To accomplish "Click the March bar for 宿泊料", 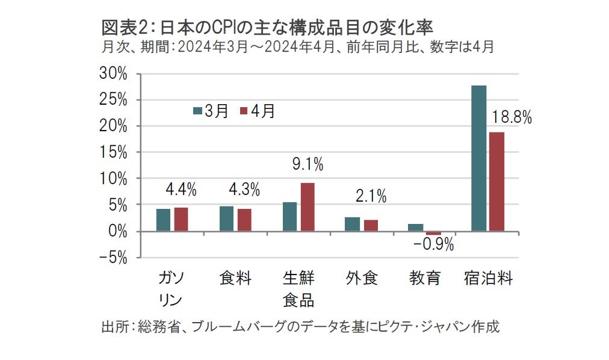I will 478,158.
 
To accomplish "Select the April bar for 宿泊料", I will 496,181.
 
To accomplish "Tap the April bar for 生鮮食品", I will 307,206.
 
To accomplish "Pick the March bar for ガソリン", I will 163,220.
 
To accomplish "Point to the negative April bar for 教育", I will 433,234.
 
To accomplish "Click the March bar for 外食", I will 353,224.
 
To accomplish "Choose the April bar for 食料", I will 244,220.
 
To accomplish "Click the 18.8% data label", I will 512,118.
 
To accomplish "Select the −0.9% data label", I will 433,245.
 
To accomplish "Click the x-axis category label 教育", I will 425,278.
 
